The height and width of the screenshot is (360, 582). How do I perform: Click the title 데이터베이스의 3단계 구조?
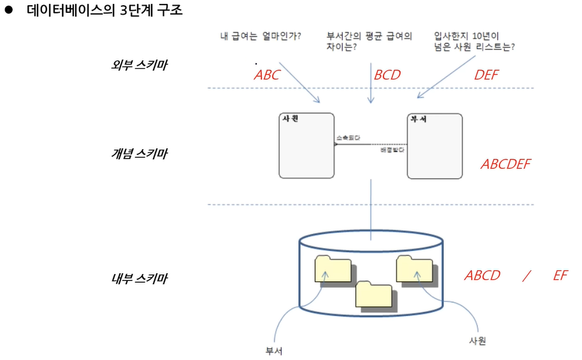coord(105,11)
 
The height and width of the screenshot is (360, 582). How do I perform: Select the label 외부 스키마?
coord(138,65)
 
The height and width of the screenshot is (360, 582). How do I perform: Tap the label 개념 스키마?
coord(138,154)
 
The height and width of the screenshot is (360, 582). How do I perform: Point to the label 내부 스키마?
coord(138,278)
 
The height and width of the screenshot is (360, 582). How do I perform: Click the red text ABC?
coord(266,75)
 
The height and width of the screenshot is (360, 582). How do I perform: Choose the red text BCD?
coord(387,75)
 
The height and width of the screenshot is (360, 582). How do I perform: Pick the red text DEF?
coord(486,75)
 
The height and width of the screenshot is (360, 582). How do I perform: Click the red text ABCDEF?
coord(506,164)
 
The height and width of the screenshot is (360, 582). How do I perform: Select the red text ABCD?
coord(483,276)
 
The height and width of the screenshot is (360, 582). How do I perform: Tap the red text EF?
coord(560,276)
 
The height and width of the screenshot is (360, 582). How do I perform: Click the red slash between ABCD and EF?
coord(526,276)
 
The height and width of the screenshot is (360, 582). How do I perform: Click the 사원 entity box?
coord(307,146)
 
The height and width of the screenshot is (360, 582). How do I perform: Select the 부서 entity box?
coord(435,146)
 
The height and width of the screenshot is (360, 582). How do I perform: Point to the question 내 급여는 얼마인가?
coord(260,36)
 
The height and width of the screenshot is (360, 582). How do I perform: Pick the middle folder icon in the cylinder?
coord(374,294)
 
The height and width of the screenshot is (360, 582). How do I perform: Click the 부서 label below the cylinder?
coord(274,350)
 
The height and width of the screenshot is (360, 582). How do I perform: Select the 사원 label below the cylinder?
coord(477,341)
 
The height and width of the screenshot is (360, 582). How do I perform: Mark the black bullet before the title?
coord(9,11)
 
